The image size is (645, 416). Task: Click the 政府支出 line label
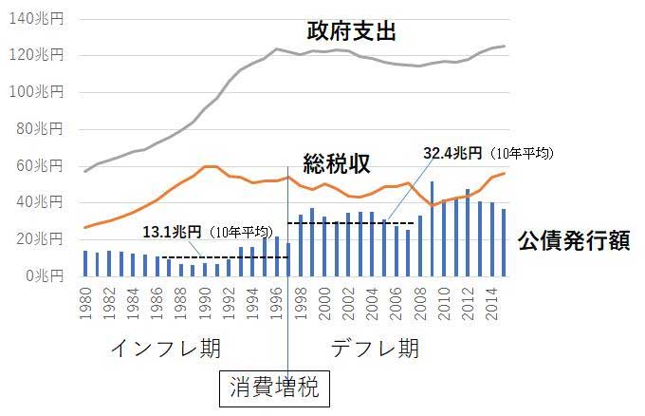tap(351, 30)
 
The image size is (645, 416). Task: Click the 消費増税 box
tap(277, 388)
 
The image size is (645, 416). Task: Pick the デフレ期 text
tap(375, 348)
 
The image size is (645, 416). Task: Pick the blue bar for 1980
tap(85, 263)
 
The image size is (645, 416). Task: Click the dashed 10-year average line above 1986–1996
tap(218, 257)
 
